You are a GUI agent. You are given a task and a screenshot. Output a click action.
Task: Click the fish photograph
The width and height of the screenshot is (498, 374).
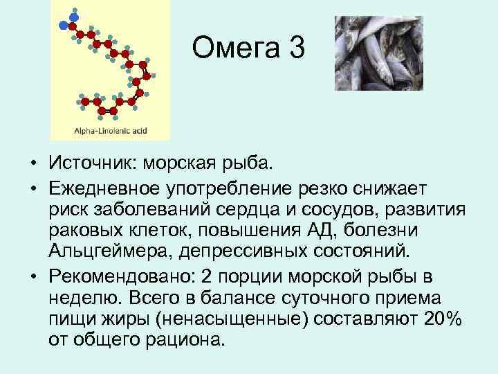coord(378,53)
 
